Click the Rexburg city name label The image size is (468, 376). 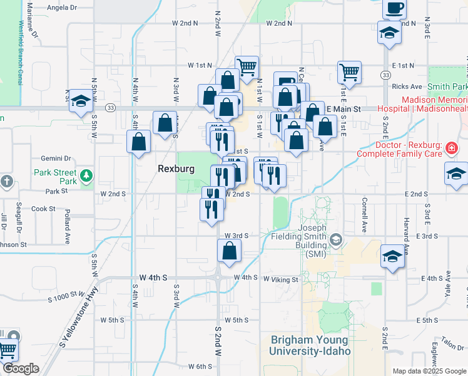pos(176,169)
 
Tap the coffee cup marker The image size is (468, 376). pos(394,9)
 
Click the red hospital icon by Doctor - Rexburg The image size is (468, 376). pos(452,149)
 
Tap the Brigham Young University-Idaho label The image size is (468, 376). pos(310,345)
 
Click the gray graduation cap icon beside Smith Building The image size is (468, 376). pos(337,240)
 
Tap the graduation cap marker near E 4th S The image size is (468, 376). pos(392,256)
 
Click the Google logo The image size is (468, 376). pos(20,368)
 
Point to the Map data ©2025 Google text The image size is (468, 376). pos(428,370)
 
